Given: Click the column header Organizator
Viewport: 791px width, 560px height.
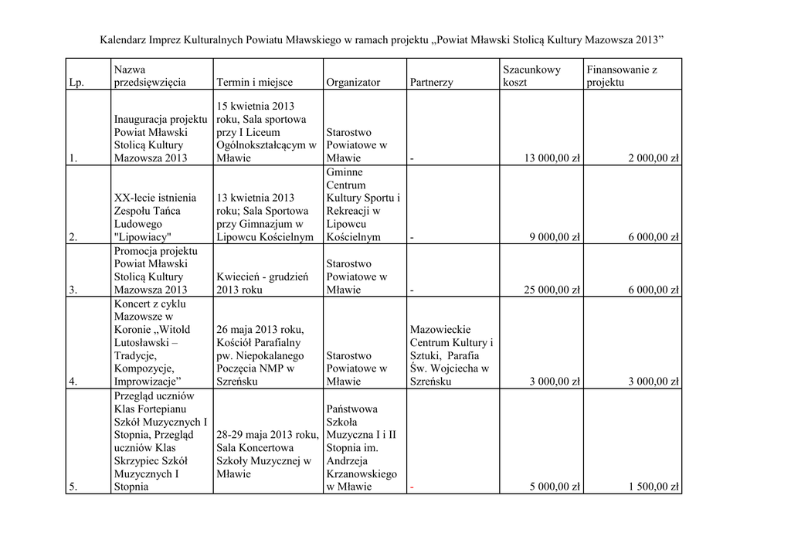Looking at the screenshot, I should pos(353,82).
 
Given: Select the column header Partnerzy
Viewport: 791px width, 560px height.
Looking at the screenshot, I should pos(431,82).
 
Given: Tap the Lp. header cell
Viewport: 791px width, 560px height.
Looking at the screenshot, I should pos(76,82).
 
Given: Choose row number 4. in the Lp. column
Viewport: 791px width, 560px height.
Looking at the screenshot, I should pos(73,382).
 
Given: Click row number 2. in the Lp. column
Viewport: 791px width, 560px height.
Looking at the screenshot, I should pos(73,237).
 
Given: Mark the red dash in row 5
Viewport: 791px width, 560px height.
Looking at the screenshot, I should pos(412,487).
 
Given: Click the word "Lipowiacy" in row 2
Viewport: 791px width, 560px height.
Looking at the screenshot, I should pos(142,237).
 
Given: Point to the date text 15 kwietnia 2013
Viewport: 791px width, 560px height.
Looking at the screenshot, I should pos(256,106).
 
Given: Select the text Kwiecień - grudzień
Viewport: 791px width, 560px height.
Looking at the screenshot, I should pos(263,277).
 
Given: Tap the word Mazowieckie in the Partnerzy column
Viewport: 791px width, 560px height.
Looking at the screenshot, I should pos(440,329).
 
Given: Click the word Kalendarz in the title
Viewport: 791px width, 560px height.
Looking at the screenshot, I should pos(125,39).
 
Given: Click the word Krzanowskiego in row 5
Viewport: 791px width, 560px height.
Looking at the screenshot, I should pos(362,473).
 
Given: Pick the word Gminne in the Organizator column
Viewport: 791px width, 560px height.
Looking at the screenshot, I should pos(345,171).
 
